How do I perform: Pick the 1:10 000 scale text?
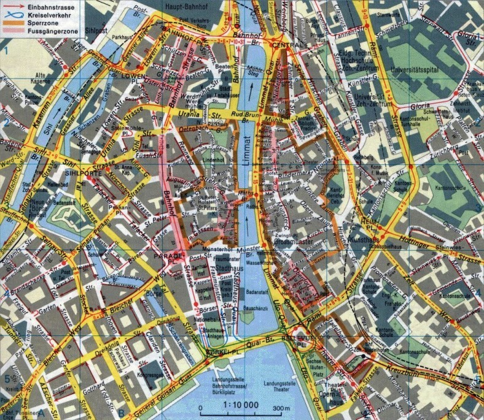click(241, 405)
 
